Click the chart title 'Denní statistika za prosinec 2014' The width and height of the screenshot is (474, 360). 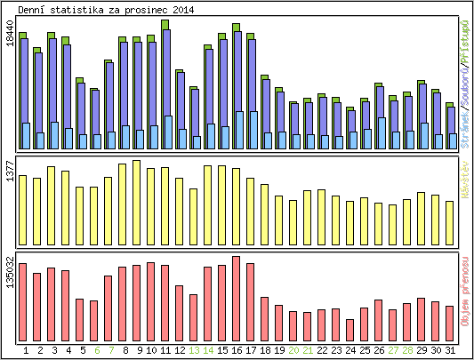(106, 9)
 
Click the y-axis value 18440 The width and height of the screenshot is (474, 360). (10, 45)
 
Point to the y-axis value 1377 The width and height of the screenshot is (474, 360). (10, 172)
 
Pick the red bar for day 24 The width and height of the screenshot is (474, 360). (349, 330)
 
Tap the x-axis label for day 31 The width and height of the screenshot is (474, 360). (450, 351)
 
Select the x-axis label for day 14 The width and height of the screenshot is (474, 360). (208, 351)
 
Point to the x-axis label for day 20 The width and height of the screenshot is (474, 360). (293, 351)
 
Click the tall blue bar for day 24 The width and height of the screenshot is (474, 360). (349, 130)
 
